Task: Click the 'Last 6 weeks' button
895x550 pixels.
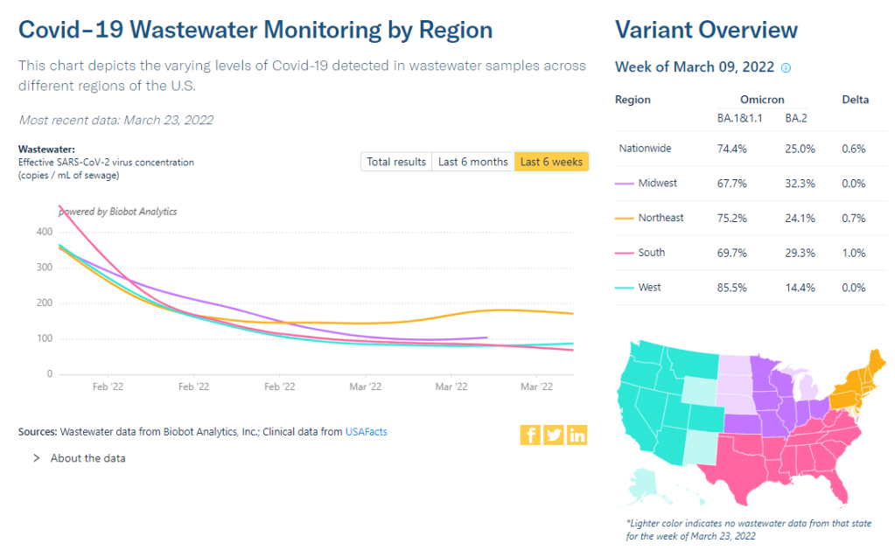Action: point(550,162)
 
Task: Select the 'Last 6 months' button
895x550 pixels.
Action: point(472,162)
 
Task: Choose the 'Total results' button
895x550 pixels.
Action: point(396,162)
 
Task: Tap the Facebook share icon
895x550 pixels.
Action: point(530,435)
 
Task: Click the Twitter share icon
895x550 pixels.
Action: point(554,435)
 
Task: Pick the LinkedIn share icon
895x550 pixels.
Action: point(577,435)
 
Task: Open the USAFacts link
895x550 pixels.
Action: point(366,431)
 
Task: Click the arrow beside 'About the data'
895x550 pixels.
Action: point(37,458)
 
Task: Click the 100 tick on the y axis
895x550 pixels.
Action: point(43,338)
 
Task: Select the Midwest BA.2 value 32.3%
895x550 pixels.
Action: point(800,184)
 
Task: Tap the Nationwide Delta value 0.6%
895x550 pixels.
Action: point(853,149)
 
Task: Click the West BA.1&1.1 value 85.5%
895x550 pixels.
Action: point(732,288)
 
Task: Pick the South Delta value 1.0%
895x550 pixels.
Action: point(853,253)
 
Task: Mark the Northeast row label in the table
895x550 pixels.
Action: point(661,218)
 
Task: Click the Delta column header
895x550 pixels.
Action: point(855,100)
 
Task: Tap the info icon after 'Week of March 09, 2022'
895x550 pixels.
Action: point(786,68)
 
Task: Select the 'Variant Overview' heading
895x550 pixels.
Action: point(706,30)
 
